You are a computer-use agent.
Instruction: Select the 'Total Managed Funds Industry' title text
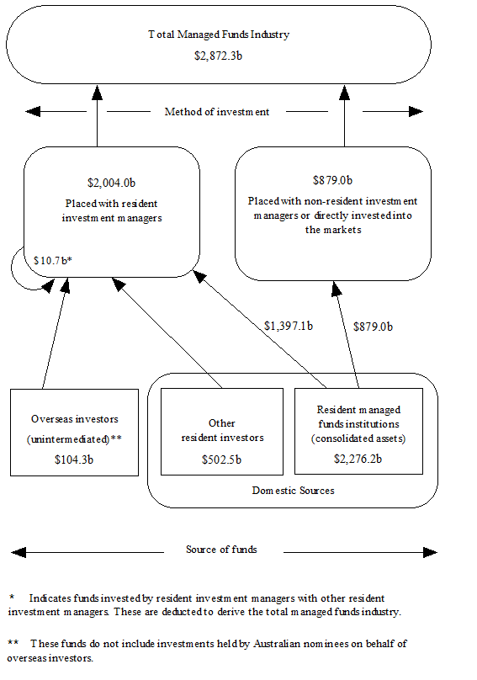[219, 35]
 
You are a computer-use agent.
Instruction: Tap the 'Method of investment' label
[217, 112]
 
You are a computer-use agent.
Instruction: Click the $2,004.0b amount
[111, 183]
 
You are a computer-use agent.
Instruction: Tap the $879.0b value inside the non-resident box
[332, 180]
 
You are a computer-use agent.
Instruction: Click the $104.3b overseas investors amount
[74, 460]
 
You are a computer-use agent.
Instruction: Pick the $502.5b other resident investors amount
[222, 460]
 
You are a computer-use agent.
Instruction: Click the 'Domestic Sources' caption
[293, 490]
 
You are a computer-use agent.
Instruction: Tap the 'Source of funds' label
[221, 550]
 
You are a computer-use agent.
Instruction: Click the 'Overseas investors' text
[74, 418]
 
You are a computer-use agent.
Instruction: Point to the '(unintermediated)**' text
[75, 438]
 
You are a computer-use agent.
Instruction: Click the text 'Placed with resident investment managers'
[111, 210]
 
